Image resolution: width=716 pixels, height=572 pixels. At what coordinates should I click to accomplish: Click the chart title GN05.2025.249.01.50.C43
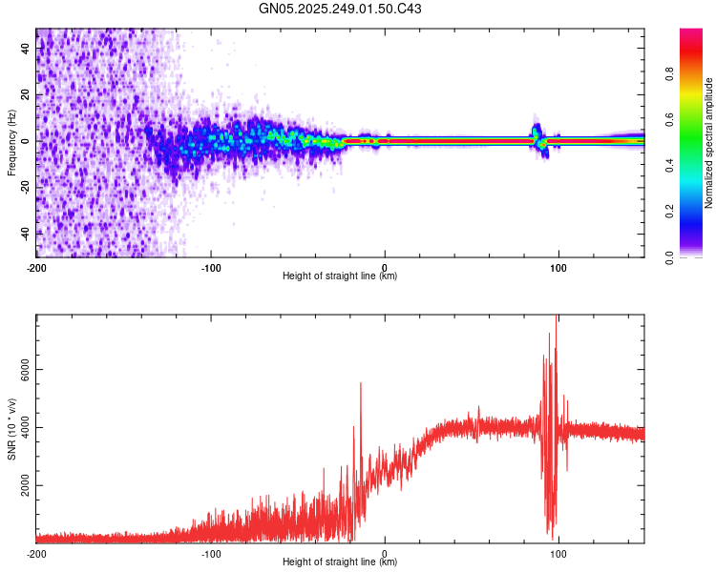(340, 10)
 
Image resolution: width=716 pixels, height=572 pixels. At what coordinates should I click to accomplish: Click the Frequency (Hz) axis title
(11, 142)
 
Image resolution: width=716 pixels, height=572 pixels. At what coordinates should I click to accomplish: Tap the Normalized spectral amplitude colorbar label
(709, 143)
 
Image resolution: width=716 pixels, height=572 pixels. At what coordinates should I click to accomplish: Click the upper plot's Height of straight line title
(340, 276)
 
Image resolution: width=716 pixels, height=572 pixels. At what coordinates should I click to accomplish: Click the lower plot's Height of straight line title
(340, 562)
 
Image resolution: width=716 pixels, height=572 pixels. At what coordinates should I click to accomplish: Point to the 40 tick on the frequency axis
(25, 50)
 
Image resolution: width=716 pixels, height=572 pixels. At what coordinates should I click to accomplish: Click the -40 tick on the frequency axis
(25, 233)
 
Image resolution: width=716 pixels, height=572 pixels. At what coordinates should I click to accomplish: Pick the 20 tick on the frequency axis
(25, 95)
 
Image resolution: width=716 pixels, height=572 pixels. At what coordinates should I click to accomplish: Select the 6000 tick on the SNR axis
(25, 370)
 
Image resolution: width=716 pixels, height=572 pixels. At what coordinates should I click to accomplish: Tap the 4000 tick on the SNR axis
(25, 428)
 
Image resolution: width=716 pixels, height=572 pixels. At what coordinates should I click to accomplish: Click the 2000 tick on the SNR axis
(25, 485)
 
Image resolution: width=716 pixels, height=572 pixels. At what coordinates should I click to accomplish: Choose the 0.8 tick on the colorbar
(696, 74)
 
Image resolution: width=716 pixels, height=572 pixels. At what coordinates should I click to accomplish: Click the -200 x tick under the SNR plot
(36, 553)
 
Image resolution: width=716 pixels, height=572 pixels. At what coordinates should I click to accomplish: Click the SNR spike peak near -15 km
(360, 383)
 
